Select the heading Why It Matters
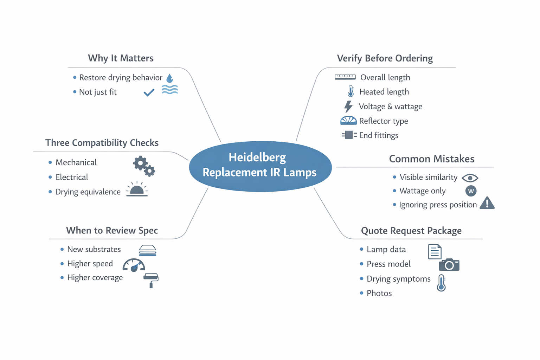(121, 58)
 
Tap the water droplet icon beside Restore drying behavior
(170, 78)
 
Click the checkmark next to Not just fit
(149, 92)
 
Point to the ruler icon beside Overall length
(345, 77)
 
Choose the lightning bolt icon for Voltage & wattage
(348, 106)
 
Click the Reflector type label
(384, 121)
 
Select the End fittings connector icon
(349, 135)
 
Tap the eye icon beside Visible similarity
(470, 178)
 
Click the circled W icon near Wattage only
(471, 191)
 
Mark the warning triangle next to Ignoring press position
(487, 203)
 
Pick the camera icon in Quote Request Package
(449, 265)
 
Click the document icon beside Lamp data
(435, 251)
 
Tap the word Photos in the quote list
(379, 293)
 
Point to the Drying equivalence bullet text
(88, 192)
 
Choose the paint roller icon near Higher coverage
(151, 280)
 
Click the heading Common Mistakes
(431, 159)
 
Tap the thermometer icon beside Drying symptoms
(441, 283)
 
